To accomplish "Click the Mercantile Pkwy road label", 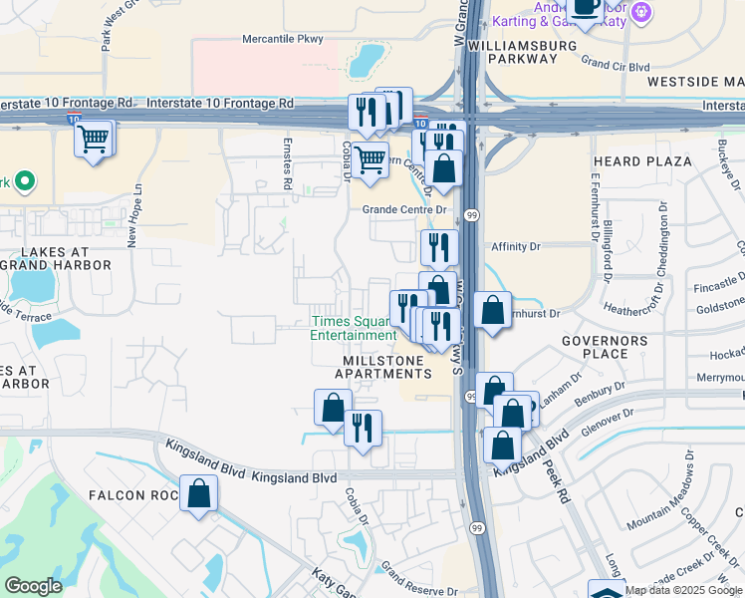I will coord(284,40).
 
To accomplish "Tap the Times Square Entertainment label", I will coord(354,328).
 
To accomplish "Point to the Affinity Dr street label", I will coord(515,245).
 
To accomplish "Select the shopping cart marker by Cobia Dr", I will coord(370,159).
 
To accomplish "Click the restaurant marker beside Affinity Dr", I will coord(438,247).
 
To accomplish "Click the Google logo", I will coord(34,586).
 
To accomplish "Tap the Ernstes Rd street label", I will coord(287,165).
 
